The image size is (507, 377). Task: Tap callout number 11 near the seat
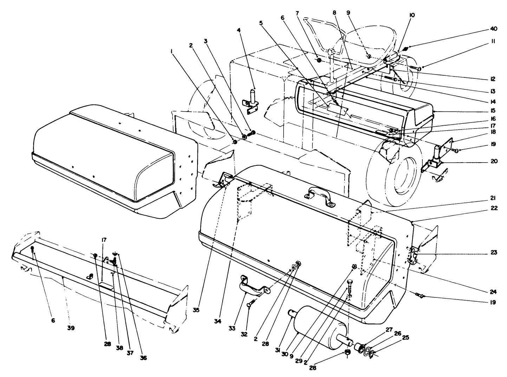click(x=493, y=42)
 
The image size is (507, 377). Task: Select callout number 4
click(x=239, y=31)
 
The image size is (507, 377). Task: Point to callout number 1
click(x=171, y=51)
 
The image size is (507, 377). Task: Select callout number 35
click(x=196, y=310)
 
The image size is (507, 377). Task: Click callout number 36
click(x=143, y=358)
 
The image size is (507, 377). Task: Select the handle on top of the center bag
click(x=320, y=197)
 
